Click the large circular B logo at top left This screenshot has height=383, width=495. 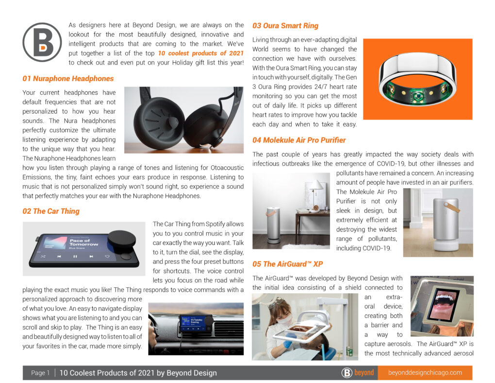coord(42,42)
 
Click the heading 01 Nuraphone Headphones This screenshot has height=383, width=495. coord(68,79)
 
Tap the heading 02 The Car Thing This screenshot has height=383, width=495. coord(51,211)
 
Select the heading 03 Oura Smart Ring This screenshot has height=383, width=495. coord(285,25)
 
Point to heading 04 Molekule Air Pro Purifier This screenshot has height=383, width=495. coord(299,140)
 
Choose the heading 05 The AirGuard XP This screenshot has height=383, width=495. coord(287,264)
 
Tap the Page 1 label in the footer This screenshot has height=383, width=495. coord(40,373)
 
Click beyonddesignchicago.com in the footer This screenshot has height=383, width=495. coord(425,373)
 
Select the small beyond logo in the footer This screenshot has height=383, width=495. coord(358,373)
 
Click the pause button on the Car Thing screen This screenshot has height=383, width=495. coord(75,256)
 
